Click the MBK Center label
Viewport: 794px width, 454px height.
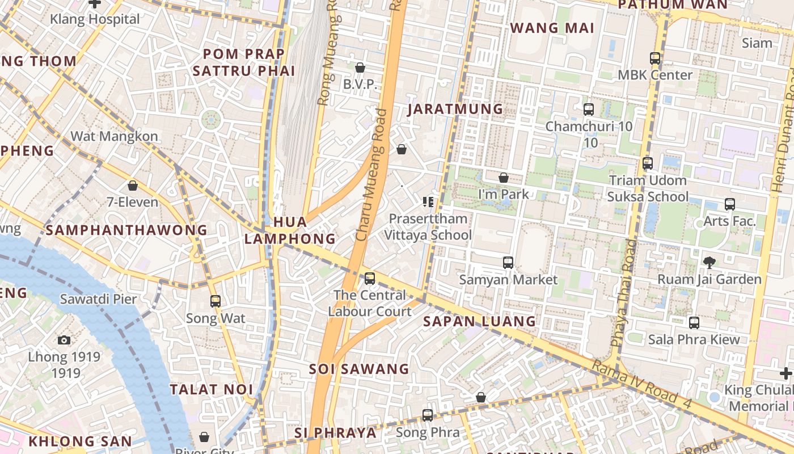655,75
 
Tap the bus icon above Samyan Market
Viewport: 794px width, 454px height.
508,263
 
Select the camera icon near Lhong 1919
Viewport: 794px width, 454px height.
64,340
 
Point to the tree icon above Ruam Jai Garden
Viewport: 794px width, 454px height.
709,262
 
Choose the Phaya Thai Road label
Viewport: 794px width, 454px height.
623,293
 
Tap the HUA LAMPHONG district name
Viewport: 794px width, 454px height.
290,230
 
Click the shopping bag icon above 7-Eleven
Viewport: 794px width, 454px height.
133,186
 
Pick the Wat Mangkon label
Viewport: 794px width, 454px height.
114,136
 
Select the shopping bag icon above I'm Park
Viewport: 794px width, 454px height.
504,178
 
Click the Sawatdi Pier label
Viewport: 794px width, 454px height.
98,299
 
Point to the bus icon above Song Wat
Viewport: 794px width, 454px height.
216,301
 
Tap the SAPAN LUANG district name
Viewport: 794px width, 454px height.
479,321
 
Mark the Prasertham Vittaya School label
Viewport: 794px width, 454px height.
428,227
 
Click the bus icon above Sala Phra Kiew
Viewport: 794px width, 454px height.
694,323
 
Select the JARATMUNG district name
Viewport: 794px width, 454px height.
455,109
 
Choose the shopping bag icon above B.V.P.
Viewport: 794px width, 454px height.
360,68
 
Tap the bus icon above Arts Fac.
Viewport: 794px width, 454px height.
730,204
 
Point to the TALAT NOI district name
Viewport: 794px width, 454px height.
212,389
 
